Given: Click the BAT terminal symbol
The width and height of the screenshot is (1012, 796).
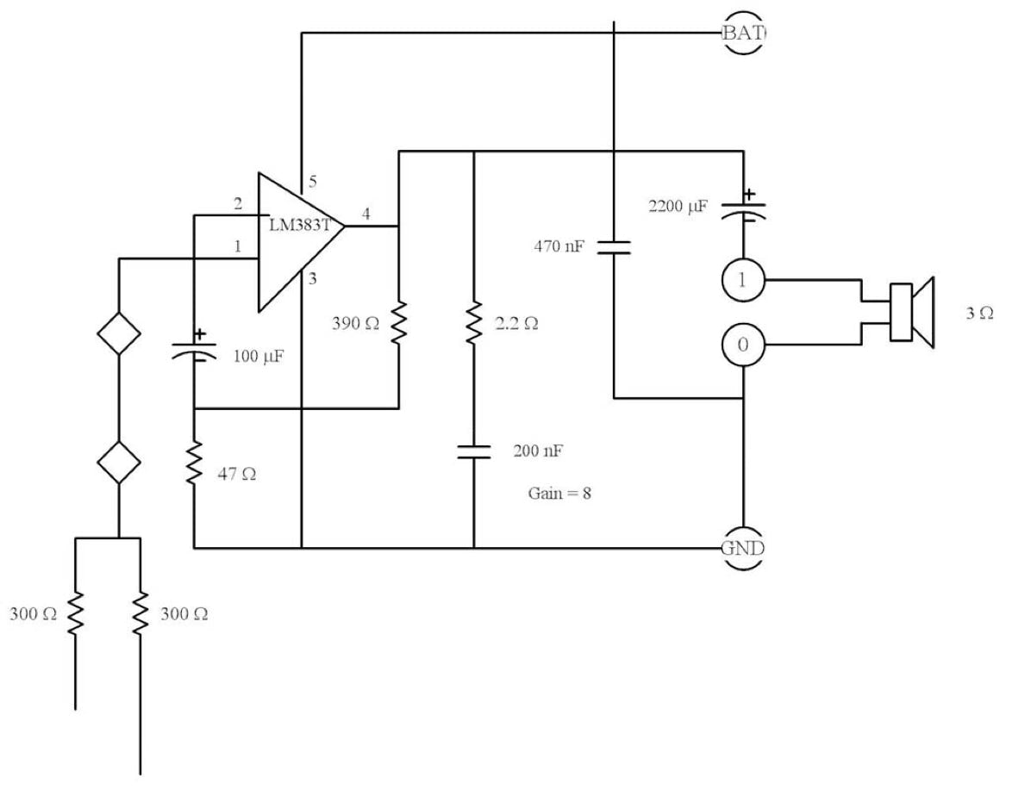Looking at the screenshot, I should [x=743, y=34].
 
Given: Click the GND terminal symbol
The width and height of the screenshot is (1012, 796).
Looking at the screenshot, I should [x=743, y=548].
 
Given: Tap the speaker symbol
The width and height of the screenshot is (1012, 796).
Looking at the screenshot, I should [x=913, y=313].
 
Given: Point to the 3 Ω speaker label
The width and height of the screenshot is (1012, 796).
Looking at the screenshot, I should [x=979, y=314].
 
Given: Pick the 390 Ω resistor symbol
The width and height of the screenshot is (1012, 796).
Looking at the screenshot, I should [x=398, y=323].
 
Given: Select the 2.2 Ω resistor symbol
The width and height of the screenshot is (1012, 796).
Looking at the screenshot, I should [x=473, y=323].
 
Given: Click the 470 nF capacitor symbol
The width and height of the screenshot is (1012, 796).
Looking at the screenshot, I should [x=613, y=247].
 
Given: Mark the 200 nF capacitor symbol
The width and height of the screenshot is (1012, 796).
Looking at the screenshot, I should [x=473, y=451].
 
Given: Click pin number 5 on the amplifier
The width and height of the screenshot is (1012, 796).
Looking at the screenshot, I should [x=313, y=183].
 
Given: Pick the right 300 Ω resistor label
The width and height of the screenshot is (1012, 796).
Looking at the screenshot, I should [x=184, y=615].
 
